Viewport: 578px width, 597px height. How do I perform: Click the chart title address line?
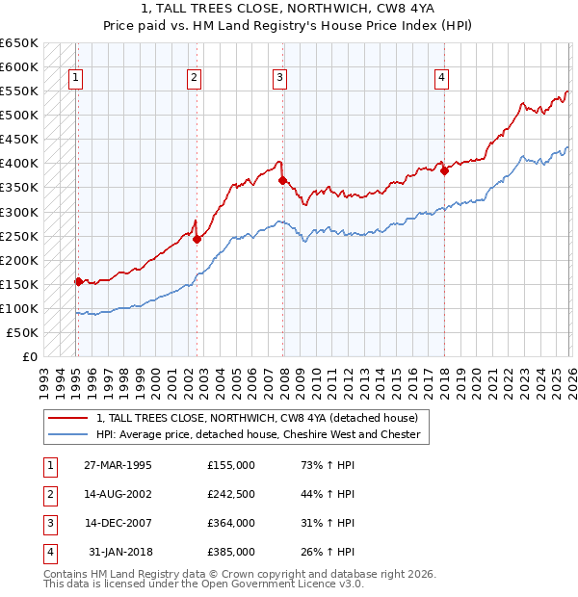[288, 9]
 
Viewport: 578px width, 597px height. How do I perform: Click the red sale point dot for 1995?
[79, 281]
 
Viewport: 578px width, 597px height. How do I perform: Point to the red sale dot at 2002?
[197, 239]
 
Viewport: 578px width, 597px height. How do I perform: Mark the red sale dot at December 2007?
[282, 180]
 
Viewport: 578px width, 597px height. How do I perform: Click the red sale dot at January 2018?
[444, 170]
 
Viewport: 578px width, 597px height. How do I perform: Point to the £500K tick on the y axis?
[20, 116]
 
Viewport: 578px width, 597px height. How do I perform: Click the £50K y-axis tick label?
[23, 333]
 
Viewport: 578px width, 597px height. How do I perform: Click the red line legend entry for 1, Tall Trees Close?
[257, 419]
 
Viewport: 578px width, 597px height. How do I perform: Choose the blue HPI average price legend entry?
[257, 435]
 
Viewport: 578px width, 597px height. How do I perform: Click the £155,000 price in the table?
[231, 465]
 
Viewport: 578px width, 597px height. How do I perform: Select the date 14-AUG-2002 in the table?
[118, 494]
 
